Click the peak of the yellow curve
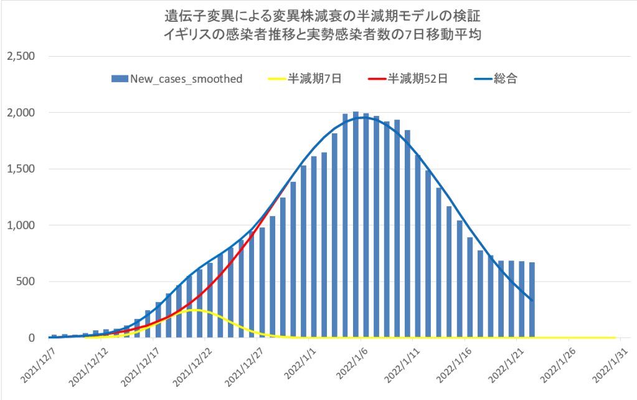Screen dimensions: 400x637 pos(194,310)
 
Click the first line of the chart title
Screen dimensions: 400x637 pos(318,14)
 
